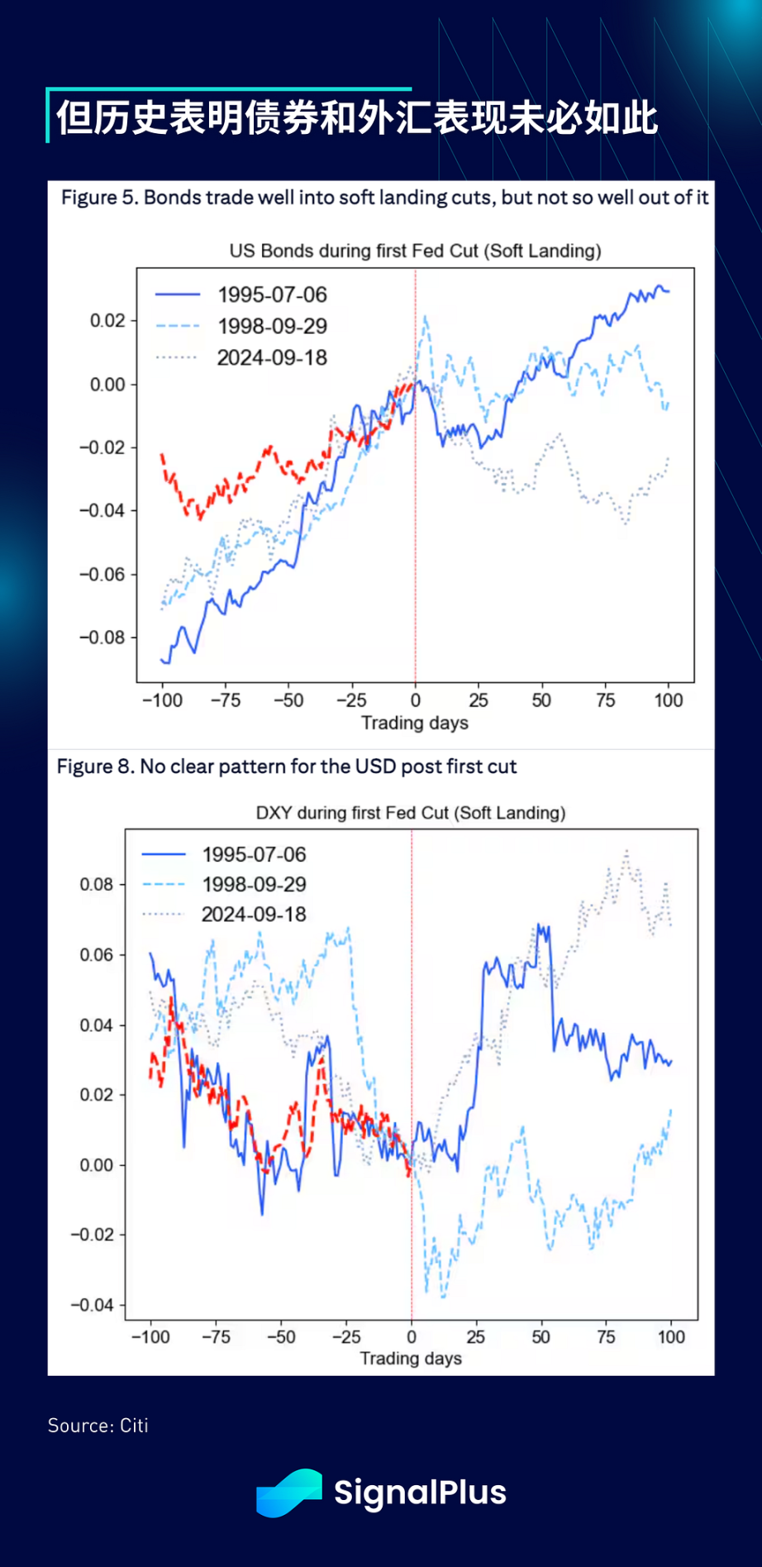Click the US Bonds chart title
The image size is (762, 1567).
tap(415, 251)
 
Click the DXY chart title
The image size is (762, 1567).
tap(411, 813)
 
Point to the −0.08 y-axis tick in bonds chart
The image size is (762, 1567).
tap(102, 638)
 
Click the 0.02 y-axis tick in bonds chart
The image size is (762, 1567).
tap(107, 321)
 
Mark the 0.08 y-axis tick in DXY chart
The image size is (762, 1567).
tap(97, 885)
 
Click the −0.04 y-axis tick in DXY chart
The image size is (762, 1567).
tap(92, 1306)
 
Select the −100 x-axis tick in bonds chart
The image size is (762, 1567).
tap(162, 700)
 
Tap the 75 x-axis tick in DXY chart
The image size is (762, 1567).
tap(606, 1337)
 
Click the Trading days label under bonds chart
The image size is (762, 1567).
tap(415, 724)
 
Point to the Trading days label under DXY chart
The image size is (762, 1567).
tap(411, 1359)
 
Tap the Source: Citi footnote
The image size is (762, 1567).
tap(98, 1426)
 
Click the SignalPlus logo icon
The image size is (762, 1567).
tap(288, 1493)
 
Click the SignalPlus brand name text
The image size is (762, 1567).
tap(420, 1493)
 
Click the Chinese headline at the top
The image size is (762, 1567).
tap(356, 118)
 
